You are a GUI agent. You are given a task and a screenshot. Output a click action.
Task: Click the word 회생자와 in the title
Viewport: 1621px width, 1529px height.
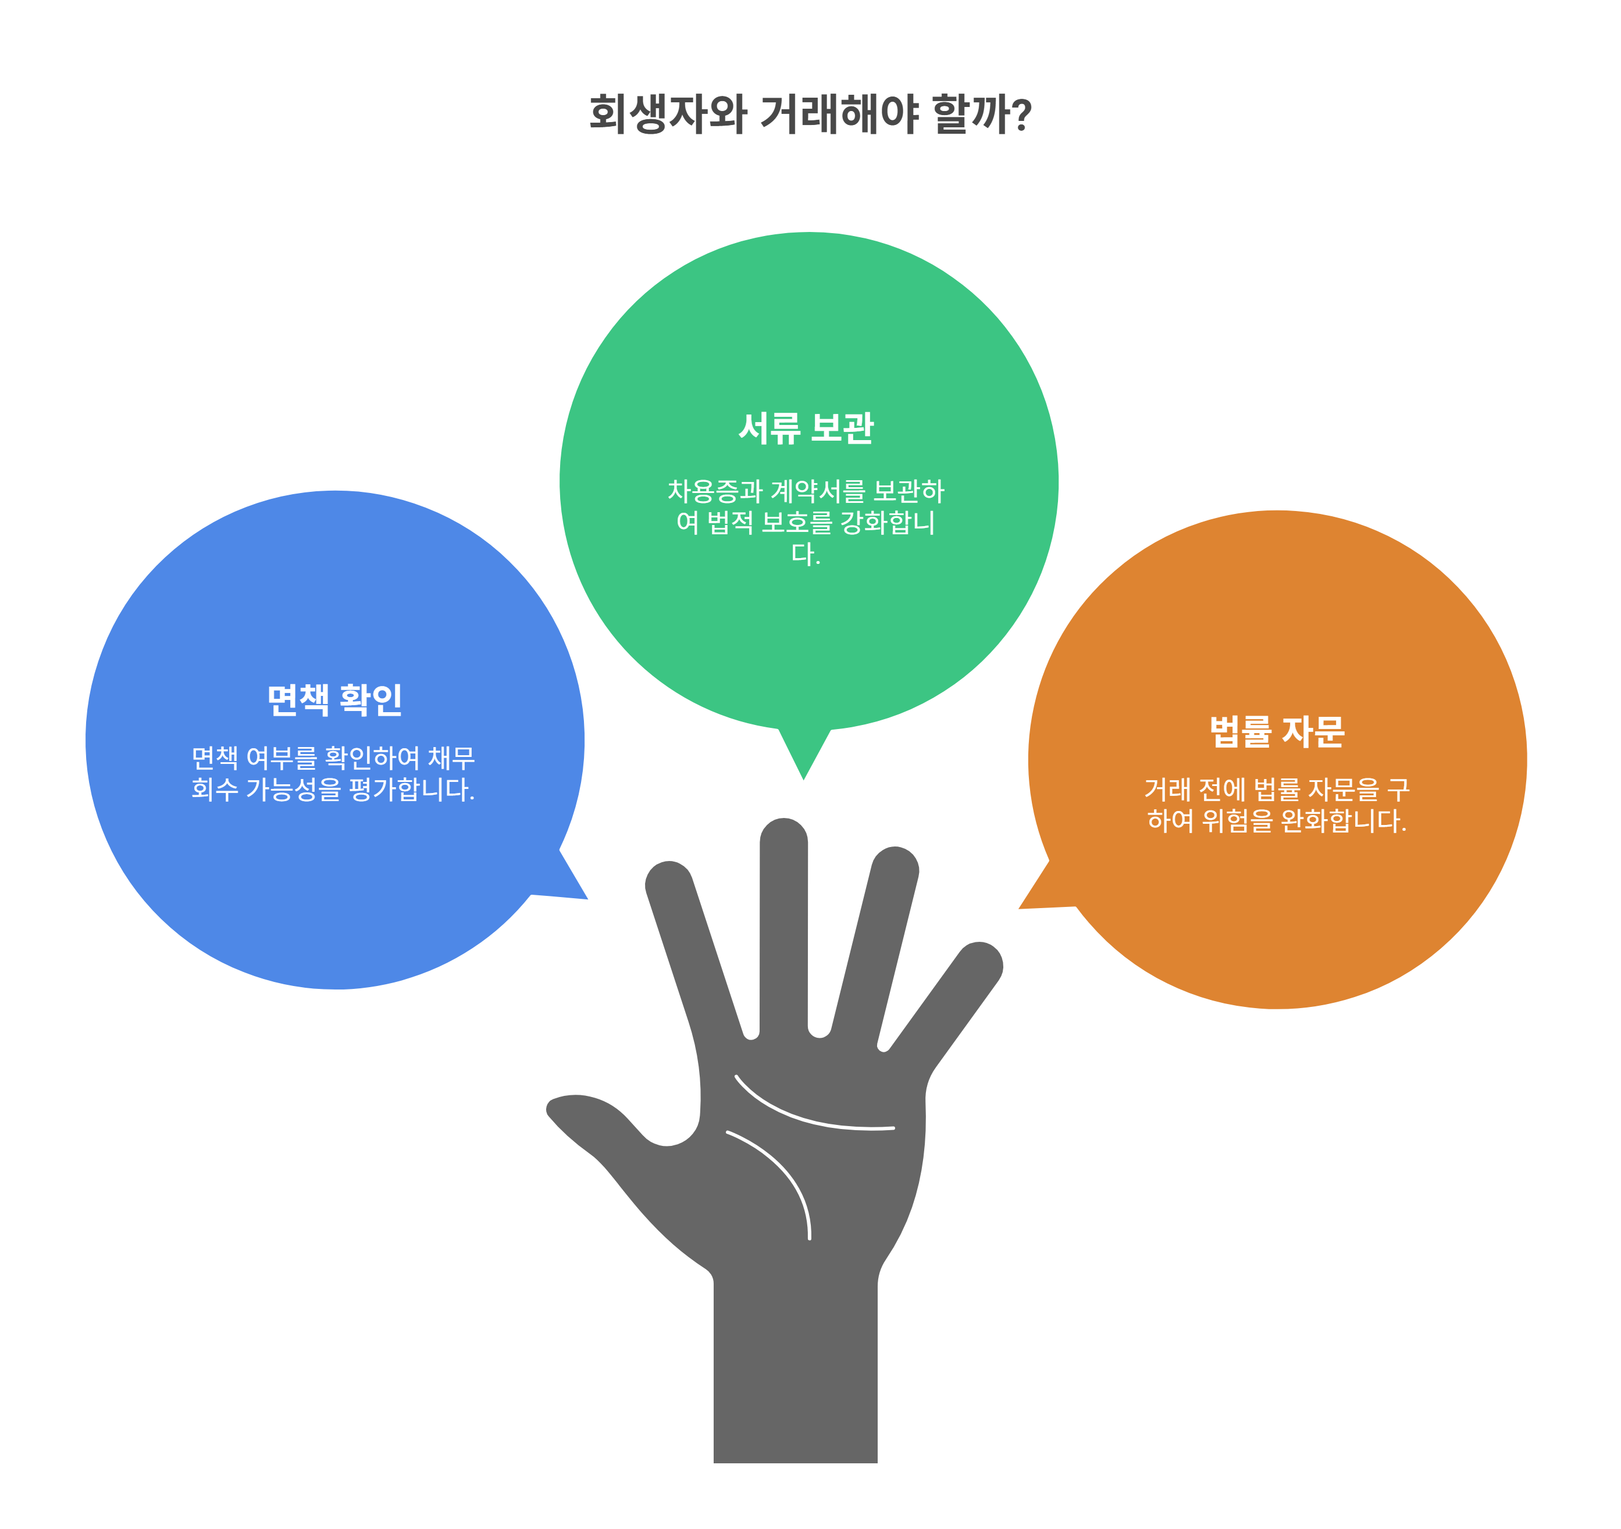tap(667, 113)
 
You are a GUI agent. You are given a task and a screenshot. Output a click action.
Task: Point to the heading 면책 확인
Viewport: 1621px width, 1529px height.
tap(334, 699)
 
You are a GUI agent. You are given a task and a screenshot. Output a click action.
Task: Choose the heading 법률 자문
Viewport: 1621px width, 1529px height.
tap(1276, 731)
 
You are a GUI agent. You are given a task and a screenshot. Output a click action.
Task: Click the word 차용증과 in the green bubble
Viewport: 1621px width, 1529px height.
tap(714, 491)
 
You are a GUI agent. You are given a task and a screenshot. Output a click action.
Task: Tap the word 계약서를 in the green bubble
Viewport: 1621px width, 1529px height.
tap(817, 491)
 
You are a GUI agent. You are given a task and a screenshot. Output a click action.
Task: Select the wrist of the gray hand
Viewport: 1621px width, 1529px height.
tap(795, 1369)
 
